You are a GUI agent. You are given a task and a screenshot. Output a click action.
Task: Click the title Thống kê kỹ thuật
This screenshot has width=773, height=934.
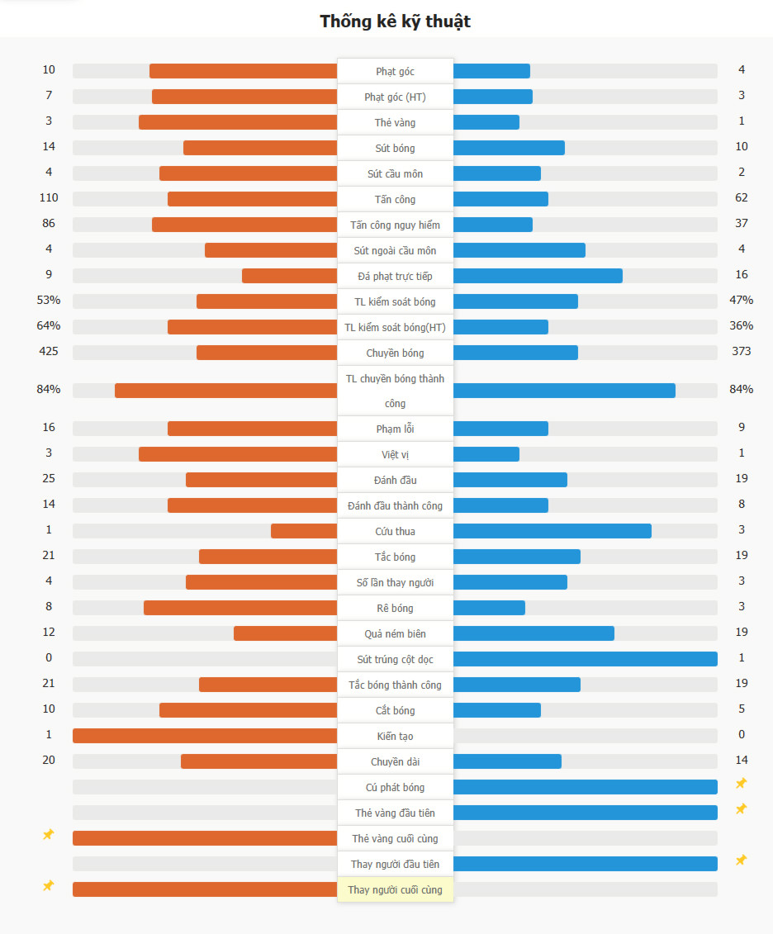pos(395,21)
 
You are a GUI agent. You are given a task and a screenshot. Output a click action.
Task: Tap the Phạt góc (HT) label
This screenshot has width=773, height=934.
pos(395,97)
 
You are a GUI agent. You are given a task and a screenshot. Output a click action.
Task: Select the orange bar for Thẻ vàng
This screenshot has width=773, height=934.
pos(238,122)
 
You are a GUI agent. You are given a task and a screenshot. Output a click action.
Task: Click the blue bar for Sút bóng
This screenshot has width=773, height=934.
pos(509,148)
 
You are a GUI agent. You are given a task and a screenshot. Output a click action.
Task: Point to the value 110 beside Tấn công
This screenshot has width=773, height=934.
pos(49,198)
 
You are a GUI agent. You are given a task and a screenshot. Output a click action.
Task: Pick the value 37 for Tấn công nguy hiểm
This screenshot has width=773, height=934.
pos(742,224)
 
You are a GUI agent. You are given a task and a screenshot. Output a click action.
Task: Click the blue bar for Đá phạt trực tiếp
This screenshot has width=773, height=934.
pos(538,276)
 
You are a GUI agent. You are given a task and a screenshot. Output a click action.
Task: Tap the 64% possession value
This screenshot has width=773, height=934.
pos(49,326)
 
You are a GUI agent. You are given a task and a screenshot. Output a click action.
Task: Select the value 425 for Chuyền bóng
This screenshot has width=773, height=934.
pos(49,352)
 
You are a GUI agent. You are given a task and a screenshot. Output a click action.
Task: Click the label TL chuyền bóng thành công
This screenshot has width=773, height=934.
pos(395,391)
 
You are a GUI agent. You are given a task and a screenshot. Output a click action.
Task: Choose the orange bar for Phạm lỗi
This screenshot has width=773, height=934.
pos(252,429)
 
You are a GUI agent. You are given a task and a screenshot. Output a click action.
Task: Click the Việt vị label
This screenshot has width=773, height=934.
pos(395,454)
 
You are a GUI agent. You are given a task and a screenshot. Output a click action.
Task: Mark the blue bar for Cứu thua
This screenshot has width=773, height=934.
pos(552,531)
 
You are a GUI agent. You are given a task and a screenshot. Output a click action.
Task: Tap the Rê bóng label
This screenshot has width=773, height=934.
pos(395,608)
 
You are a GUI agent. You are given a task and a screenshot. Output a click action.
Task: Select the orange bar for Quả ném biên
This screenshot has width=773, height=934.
pos(285,633)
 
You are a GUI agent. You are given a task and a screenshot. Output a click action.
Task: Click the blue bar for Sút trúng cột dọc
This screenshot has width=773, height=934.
pos(585,659)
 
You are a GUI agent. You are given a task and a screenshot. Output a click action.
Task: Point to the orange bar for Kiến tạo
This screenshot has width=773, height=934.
pos(205,736)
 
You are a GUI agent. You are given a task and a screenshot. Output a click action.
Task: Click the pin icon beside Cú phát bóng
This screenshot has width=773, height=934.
pos(742,783)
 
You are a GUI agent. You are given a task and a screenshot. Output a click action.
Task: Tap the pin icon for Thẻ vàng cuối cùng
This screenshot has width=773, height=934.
pos(49,835)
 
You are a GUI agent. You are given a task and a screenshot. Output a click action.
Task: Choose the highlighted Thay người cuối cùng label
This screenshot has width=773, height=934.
pos(395,889)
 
